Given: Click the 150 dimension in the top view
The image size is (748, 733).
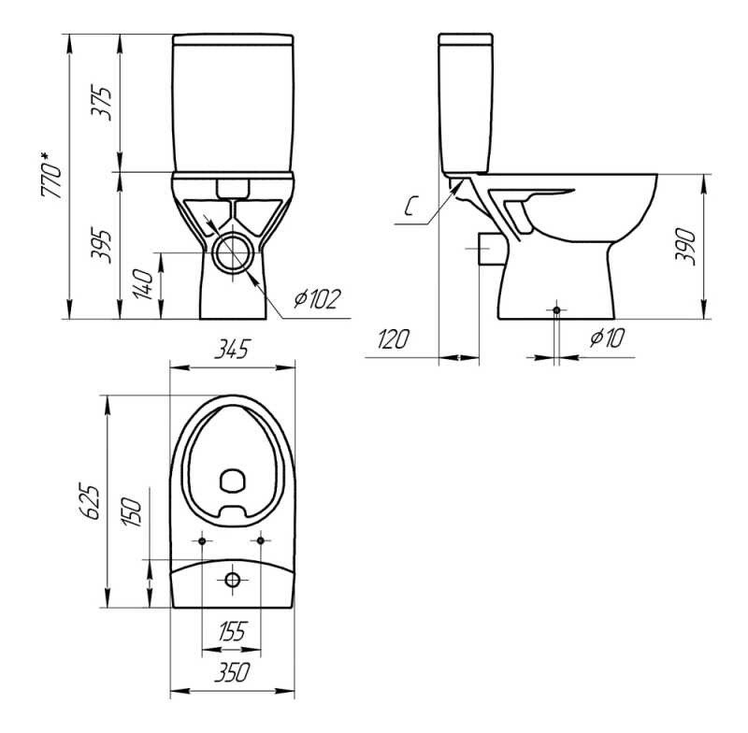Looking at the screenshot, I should point(133,511).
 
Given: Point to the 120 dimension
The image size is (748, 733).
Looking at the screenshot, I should point(394,339).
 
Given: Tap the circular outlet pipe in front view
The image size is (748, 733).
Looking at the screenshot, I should point(232,252).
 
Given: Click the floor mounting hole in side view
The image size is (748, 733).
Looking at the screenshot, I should point(557,309).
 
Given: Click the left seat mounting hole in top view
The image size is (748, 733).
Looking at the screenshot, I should point(203,539).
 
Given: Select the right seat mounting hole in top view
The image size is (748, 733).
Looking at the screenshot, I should point(261,539).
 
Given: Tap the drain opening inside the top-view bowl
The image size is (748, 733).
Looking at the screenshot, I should point(232,481).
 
